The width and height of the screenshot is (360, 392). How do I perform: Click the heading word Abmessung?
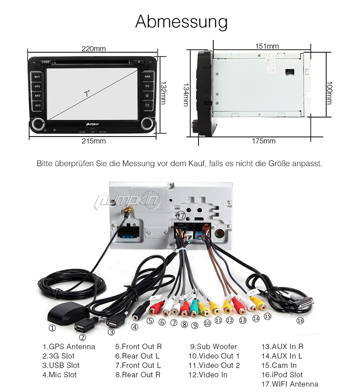click(181, 22)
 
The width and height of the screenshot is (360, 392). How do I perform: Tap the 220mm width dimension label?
click(94, 49)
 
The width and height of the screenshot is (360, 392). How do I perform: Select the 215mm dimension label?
click(94, 141)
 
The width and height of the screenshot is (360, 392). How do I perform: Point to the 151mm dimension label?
click(267, 46)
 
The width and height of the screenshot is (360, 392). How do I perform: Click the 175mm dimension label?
click(263, 141)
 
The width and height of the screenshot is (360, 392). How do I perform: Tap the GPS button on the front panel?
click(37, 86)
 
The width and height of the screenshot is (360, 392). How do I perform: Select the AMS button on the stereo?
click(147, 77)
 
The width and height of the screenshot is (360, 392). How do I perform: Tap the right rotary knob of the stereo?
click(147, 123)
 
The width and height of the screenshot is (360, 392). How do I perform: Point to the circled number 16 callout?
click(300, 321)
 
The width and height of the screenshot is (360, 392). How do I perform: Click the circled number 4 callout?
click(135, 328)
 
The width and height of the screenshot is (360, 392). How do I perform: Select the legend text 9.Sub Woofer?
click(213, 346)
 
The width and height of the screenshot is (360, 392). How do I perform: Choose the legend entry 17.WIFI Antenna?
click(290, 384)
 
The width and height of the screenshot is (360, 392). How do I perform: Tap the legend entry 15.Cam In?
click(279, 365)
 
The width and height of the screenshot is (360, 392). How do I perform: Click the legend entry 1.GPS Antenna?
click(69, 346)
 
